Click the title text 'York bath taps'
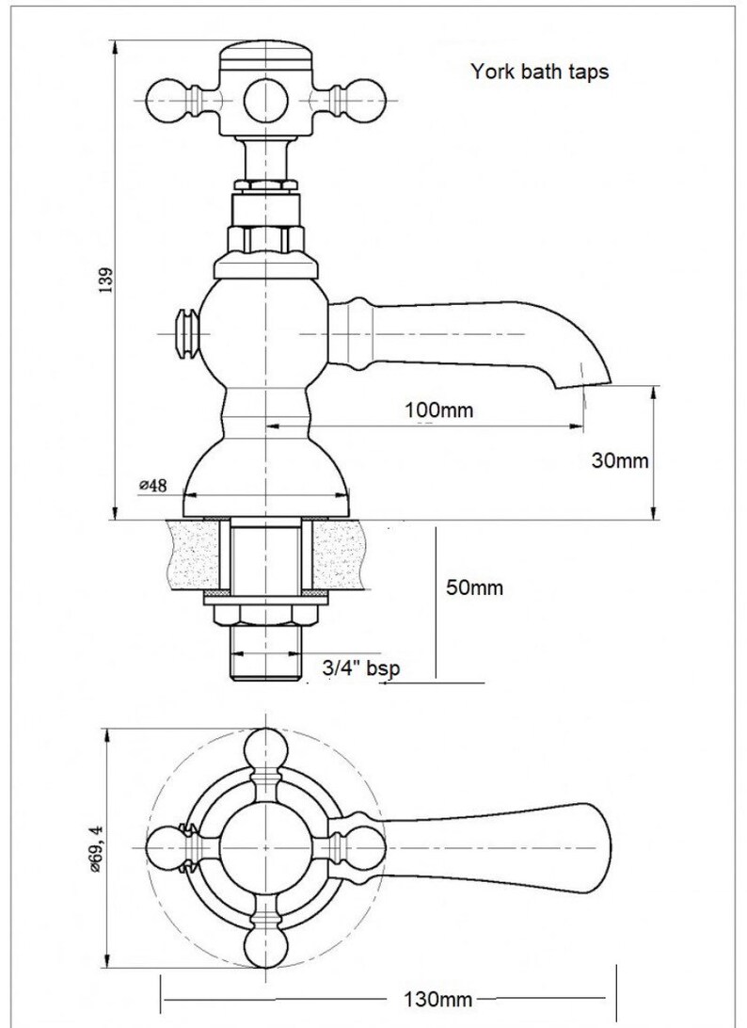540,72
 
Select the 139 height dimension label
106,280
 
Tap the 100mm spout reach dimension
438,410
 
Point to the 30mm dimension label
620,460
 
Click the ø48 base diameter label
152,485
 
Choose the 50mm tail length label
474,587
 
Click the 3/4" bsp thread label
361,668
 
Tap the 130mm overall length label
437,999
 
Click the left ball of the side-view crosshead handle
167,101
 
